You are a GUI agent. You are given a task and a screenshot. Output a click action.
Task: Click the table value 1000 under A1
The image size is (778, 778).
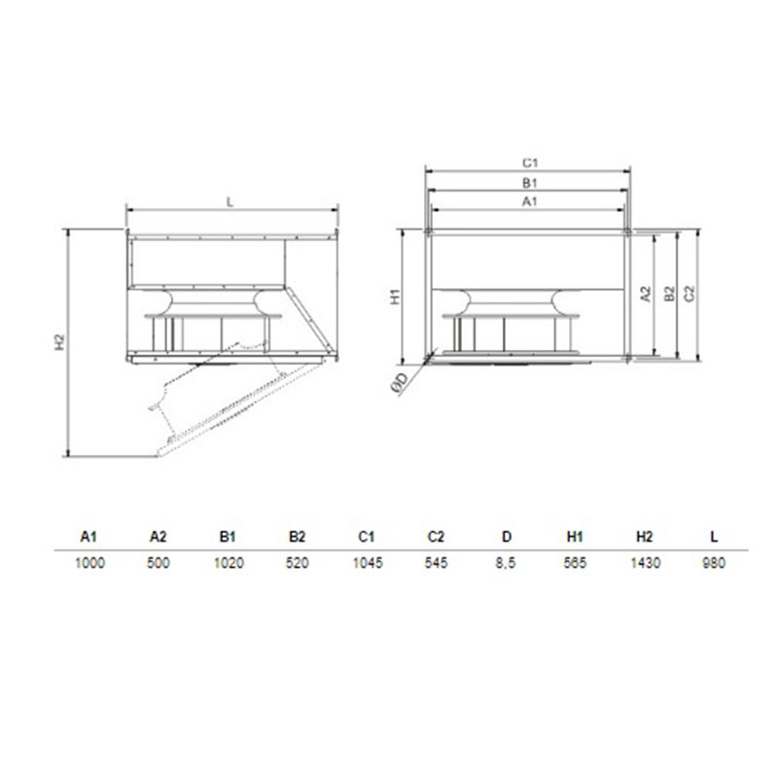[x=89, y=563]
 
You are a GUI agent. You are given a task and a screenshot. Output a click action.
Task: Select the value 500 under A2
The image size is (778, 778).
[x=159, y=563]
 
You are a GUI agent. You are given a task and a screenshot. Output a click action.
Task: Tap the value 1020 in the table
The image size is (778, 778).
[x=229, y=563]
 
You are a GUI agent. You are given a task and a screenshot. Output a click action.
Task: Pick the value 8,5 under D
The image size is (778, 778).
[x=506, y=564]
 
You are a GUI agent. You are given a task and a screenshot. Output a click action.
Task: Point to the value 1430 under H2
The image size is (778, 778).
[x=645, y=563]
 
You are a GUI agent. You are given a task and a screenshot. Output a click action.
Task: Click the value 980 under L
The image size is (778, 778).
[x=714, y=563]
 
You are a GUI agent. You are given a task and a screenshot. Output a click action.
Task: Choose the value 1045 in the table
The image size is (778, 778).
[x=368, y=563]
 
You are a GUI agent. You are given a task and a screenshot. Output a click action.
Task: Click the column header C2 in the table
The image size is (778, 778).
[x=436, y=537]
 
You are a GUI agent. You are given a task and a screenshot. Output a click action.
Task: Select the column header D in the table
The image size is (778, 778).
[x=506, y=537]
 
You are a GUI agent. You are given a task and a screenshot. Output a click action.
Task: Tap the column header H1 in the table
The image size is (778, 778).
[x=575, y=537]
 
